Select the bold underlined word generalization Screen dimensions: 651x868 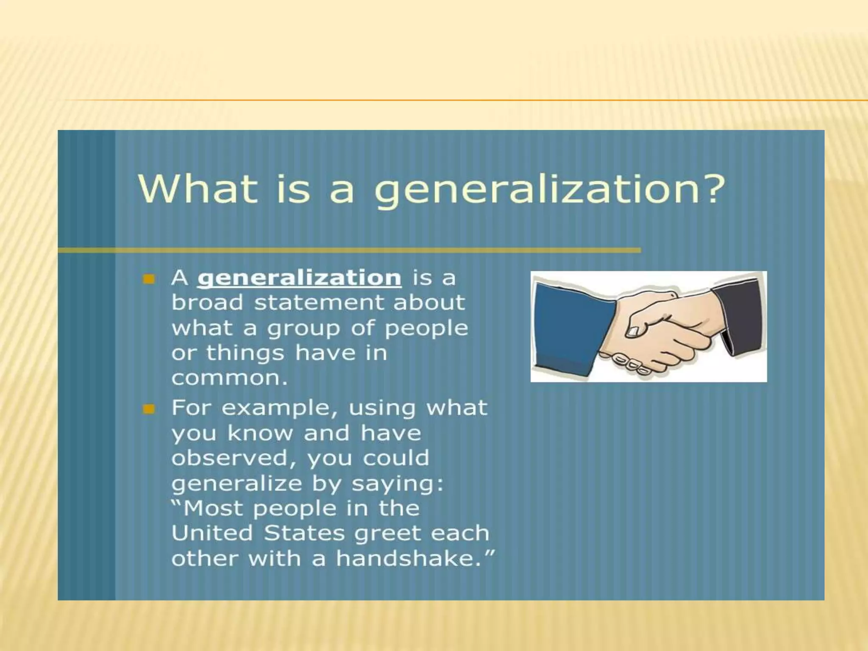pyautogui.click(x=299, y=278)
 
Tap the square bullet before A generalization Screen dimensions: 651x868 pyautogui.click(x=149, y=279)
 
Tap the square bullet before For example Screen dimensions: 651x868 pyautogui.click(x=149, y=409)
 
